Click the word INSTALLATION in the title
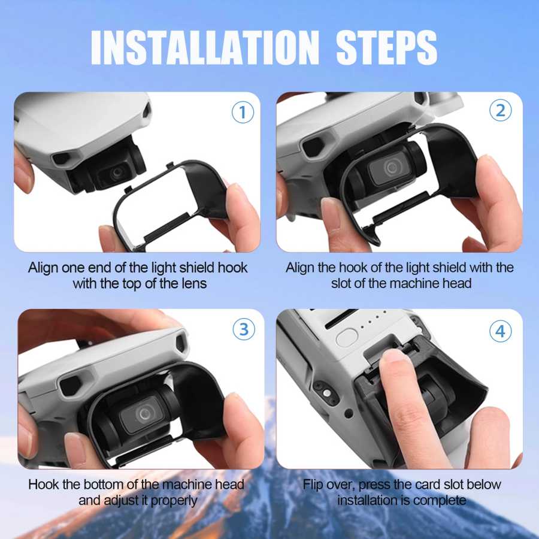[x=205, y=47]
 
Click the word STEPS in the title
[x=386, y=47]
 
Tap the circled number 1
[x=243, y=113]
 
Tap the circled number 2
[x=500, y=110]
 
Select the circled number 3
[x=243, y=329]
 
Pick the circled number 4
[x=500, y=331]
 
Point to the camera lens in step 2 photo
[x=391, y=168]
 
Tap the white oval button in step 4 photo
[x=347, y=338]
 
